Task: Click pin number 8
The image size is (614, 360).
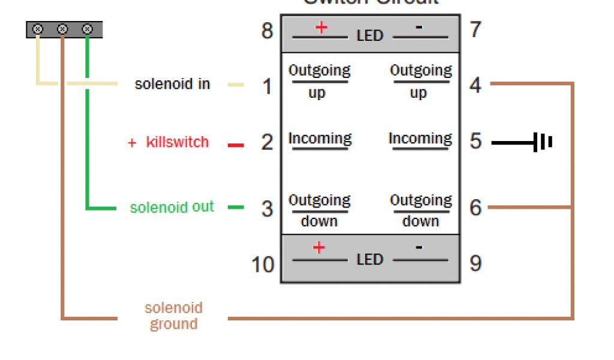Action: (x=267, y=31)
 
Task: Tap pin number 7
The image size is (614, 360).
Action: (x=475, y=29)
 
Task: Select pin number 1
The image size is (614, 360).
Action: (x=267, y=87)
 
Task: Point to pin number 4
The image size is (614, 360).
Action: (x=475, y=85)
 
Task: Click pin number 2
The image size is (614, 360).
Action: (x=267, y=142)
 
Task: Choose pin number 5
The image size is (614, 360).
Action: (x=475, y=142)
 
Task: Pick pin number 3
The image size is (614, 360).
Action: (x=267, y=209)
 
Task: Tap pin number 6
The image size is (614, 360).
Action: (x=475, y=208)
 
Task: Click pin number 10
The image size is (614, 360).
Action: (x=263, y=264)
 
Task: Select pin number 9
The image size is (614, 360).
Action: (x=475, y=263)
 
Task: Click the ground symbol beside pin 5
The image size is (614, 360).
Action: (x=543, y=143)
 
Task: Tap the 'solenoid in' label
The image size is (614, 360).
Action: (x=173, y=84)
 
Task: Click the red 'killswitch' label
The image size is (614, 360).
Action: (x=177, y=142)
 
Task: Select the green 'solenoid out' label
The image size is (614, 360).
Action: (x=172, y=208)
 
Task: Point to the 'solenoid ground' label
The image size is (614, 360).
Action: (x=173, y=316)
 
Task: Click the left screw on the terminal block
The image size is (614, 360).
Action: (x=38, y=29)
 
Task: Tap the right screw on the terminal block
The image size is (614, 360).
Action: (x=87, y=29)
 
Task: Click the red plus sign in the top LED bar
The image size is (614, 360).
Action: (x=321, y=27)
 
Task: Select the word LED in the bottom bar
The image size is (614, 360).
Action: (x=369, y=260)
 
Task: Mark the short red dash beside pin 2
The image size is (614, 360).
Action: (x=236, y=145)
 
